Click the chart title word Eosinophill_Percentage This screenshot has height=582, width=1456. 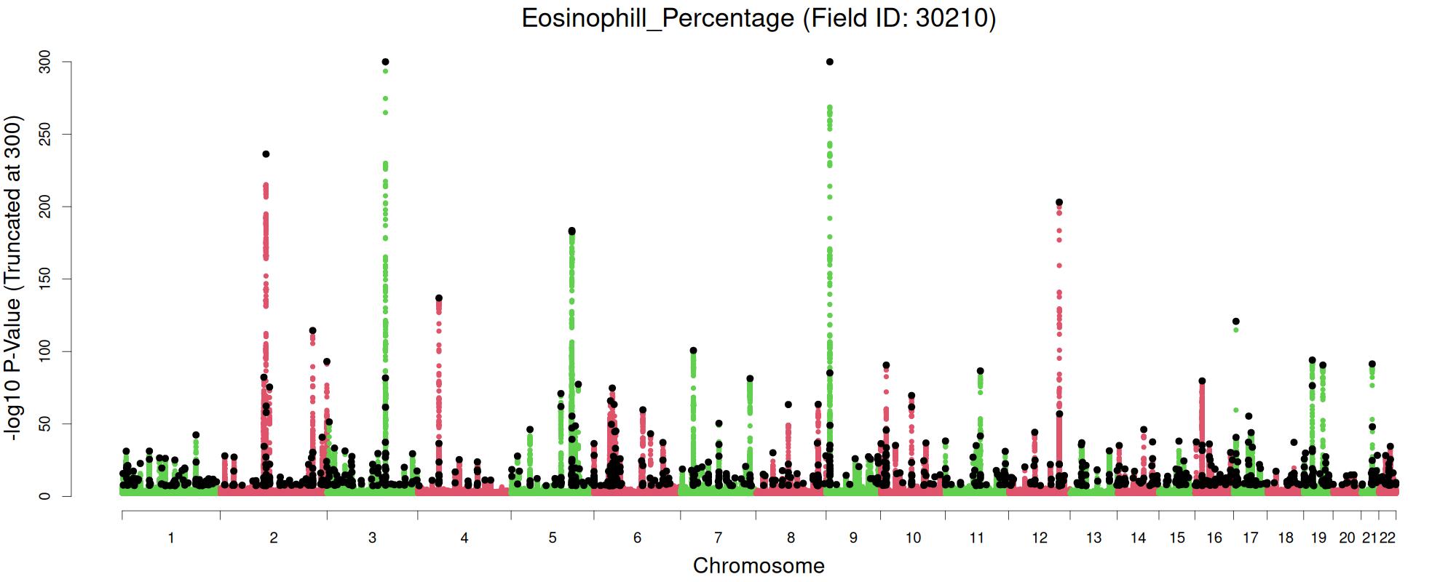click(657, 17)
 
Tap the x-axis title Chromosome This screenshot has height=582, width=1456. click(759, 565)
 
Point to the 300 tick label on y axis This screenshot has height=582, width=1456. click(46, 63)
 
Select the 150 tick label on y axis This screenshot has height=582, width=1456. click(46, 279)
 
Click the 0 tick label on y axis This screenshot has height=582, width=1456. click(46, 496)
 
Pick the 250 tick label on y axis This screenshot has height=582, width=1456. click(46, 135)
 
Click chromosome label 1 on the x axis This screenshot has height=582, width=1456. click(171, 538)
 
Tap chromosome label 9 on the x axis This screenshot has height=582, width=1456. click(853, 538)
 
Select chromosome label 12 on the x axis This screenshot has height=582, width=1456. click(1040, 538)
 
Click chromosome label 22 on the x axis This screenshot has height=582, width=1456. click(1388, 538)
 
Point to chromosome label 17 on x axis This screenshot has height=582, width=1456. click(1250, 538)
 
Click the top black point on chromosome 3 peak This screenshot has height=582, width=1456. click(385, 62)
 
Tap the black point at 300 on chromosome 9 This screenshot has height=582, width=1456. click(830, 62)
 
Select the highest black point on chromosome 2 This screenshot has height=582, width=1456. click(266, 154)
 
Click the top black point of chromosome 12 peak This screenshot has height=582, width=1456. click(1059, 202)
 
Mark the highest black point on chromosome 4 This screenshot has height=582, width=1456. click(439, 298)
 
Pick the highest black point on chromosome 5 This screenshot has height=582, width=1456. click(571, 231)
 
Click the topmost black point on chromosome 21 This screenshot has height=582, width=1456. click(1372, 364)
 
